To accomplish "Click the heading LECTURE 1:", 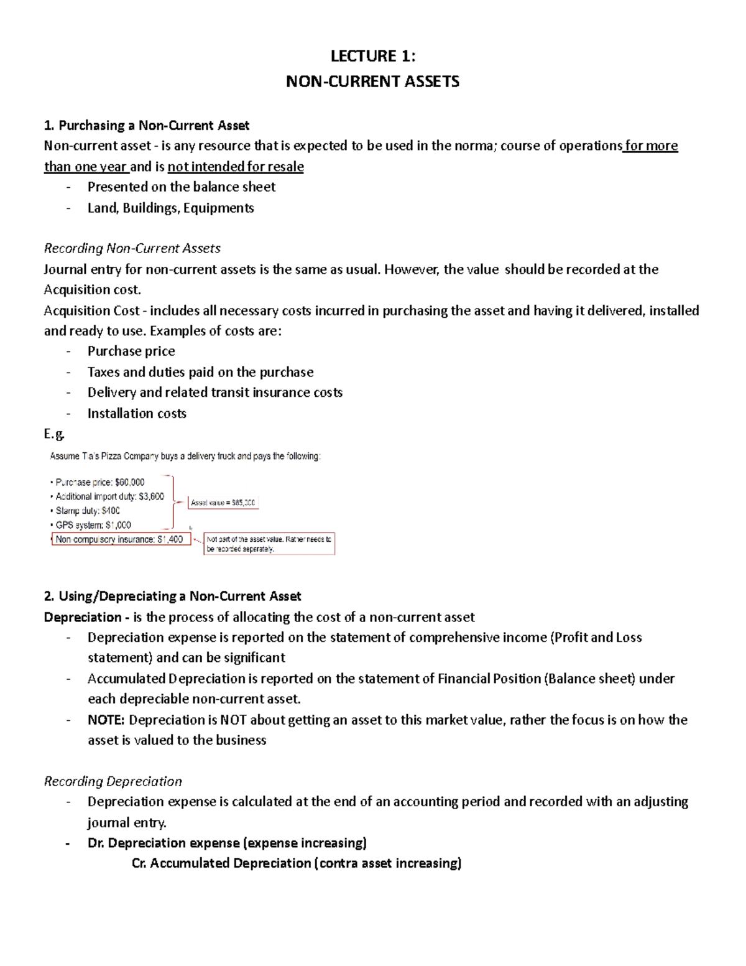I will [372, 57].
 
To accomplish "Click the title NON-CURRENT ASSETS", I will [372, 81].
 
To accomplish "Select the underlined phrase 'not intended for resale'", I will [236, 167].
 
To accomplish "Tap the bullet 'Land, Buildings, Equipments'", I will [170, 208].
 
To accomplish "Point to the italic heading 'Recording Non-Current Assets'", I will [132, 248].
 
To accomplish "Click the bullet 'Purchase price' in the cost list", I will [131, 351].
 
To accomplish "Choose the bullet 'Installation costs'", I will [137, 413].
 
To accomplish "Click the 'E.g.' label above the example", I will [54, 434].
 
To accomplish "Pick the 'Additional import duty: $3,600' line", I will [109, 496].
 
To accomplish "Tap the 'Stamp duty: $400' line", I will [88, 511].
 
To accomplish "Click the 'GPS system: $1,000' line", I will [93, 525].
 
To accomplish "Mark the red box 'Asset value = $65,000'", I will [223, 503].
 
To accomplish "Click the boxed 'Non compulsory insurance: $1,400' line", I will [120, 539].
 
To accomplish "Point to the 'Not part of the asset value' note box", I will [269, 544].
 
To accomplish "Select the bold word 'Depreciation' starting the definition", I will [83, 617].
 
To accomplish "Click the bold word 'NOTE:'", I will [106, 720].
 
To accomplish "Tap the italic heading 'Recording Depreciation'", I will [113, 781].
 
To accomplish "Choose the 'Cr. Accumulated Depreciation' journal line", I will [297, 863].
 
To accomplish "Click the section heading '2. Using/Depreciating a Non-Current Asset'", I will [172, 597].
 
